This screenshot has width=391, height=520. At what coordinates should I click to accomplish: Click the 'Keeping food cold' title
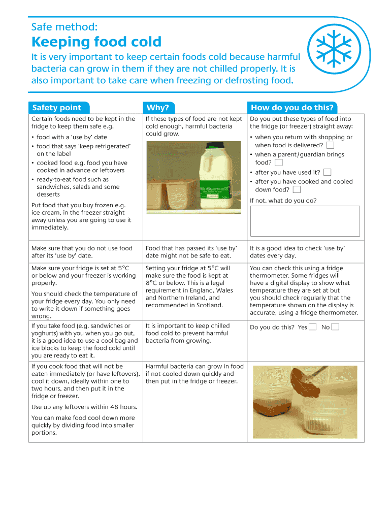(96, 42)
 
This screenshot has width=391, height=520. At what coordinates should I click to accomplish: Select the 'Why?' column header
(157, 107)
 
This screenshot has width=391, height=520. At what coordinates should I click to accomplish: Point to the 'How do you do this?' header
(292, 107)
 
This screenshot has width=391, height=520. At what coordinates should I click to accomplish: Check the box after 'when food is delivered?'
(330, 145)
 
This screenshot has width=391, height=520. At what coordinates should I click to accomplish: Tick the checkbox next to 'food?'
(278, 162)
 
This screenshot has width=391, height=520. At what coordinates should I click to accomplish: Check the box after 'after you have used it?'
(327, 173)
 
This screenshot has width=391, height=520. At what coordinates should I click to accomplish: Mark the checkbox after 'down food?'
(297, 189)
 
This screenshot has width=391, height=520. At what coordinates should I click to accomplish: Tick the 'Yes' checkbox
(313, 327)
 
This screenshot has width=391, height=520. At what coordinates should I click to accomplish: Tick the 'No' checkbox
(335, 327)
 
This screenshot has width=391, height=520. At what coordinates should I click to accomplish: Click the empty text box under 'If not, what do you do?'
(305, 221)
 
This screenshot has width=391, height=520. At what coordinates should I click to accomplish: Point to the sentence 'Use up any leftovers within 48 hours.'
(84, 407)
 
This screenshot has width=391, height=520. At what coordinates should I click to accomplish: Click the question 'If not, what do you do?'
(283, 201)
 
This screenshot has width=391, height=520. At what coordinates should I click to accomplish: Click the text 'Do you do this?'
(272, 327)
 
